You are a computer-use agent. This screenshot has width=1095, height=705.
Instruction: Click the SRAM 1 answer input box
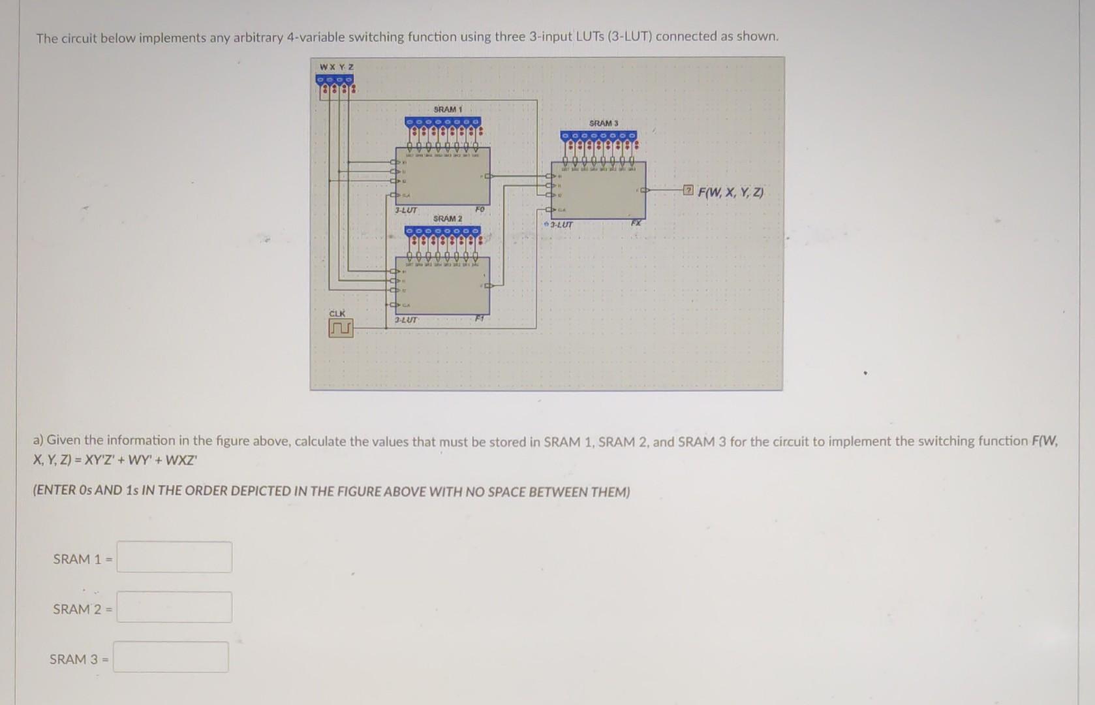click(x=174, y=557)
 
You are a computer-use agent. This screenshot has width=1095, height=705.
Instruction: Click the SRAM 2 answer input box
click(x=174, y=607)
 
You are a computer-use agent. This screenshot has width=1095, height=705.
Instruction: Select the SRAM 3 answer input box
click(x=172, y=657)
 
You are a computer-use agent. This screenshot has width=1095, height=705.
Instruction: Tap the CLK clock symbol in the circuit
click(x=341, y=328)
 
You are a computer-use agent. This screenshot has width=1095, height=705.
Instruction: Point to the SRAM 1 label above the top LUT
click(x=448, y=109)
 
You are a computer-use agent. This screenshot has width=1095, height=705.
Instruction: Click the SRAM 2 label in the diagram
click(x=448, y=218)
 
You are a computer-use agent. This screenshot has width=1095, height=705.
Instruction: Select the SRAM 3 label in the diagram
click(x=603, y=123)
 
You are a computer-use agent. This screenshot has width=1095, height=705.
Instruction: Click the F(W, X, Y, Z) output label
click(x=730, y=193)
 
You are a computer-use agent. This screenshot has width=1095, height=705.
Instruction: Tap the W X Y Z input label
click(x=337, y=67)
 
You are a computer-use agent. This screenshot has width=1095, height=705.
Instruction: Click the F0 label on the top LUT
click(x=480, y=210)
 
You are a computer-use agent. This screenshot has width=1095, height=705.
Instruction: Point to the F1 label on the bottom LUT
click(x=479, y=319)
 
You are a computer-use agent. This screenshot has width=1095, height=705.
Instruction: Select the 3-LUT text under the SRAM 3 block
click(x=561, y=225)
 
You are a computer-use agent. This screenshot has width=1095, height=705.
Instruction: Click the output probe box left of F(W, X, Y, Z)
click(x=688, y=191)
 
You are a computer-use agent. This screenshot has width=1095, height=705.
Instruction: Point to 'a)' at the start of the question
click(x=39, y=441)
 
